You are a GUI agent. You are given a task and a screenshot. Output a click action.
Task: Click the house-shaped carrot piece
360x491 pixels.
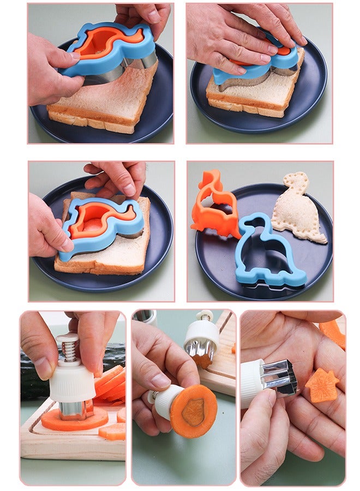(321, 385)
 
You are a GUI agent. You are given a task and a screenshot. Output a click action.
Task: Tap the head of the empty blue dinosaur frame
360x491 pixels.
(252, 222)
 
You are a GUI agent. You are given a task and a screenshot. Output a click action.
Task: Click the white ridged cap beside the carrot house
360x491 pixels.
(253, 385)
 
